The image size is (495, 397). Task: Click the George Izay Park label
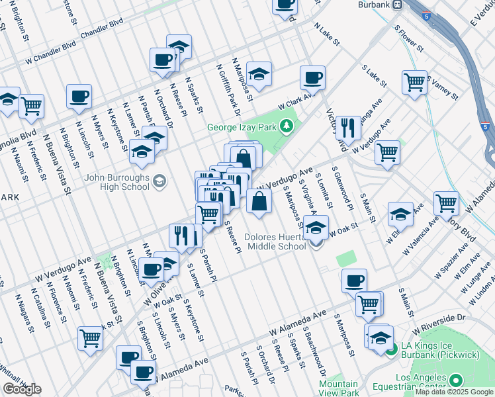click(x=242, y=127)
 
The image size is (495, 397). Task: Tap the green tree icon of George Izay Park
click(x=287, y=125)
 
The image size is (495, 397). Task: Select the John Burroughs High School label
click(x=117, y=182)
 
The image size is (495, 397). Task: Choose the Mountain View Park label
click(x=338, y=388)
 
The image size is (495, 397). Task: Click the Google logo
click(x=22, y=389)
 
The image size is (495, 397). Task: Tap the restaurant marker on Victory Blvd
click(x=348, y=128)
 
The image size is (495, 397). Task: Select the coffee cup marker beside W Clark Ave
click(x=312, y=78)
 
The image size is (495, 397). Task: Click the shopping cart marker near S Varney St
click(x=415, y=83)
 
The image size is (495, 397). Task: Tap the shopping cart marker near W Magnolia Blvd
click(x=31, y=106)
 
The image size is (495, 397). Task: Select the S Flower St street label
click(x=408, y=39)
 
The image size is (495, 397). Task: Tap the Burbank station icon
click(x=396, y=4)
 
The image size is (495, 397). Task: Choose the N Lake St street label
click(x=327, y=34)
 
